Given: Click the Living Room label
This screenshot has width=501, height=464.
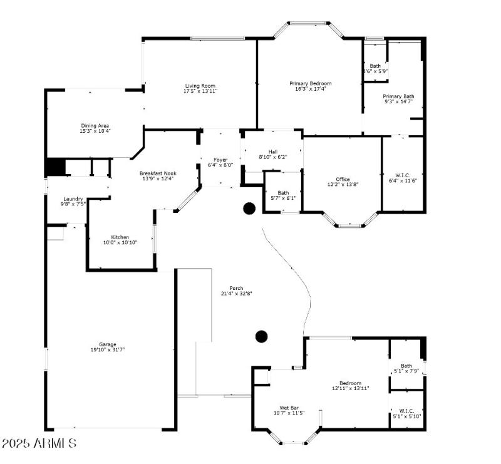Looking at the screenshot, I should pos(200,86).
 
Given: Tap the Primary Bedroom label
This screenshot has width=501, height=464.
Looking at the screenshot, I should pos(310,83).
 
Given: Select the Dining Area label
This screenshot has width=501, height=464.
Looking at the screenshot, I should pos(95,125).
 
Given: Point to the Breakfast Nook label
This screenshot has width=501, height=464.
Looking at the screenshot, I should pos(157,173).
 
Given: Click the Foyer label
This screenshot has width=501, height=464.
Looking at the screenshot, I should pos(220,160).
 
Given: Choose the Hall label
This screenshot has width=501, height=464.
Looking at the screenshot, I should pos(272,152).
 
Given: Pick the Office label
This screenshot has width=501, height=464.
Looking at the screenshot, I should pos(343,179).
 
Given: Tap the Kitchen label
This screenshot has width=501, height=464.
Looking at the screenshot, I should pos(120,237).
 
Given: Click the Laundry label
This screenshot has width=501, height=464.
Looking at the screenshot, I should pos(73,198).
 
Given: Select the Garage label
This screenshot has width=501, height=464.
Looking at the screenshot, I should pos(107,344).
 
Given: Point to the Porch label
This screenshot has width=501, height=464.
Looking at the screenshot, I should pos(236,288).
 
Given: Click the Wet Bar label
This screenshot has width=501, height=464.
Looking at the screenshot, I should pos(289,408).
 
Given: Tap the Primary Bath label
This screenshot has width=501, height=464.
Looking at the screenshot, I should pos(398,96).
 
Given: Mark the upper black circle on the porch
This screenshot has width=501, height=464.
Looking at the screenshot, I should pos(249,209).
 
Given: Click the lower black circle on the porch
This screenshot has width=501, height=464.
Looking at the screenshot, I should pos(262,336).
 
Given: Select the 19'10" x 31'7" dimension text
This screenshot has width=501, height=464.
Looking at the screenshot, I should pos(107,349).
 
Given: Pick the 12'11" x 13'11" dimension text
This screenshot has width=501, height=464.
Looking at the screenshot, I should pos(350,388).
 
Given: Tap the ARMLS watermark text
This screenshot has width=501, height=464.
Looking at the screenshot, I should pos(39,443).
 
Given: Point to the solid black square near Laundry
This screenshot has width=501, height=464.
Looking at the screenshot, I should pos(55,167).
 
